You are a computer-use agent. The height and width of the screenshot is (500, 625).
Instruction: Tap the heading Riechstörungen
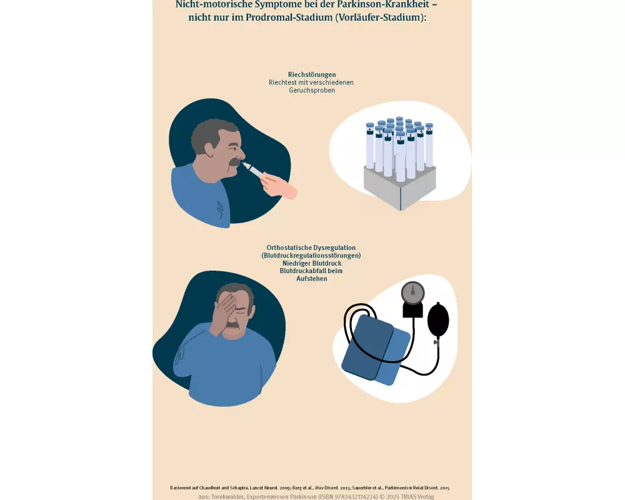pos(312,74)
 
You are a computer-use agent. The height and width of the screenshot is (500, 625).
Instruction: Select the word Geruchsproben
pos(312,91)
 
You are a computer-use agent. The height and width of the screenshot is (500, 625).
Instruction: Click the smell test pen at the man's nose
pos(254,170)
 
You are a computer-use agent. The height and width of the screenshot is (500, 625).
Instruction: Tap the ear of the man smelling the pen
pos(209,149)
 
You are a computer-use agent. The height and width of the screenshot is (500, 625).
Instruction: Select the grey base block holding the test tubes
pos(400,187)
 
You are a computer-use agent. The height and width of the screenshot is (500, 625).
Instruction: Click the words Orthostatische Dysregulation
pos(311,247)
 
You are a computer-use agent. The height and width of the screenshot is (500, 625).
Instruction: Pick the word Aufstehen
pos(312,279)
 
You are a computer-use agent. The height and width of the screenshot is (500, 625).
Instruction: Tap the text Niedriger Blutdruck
pos(312,263)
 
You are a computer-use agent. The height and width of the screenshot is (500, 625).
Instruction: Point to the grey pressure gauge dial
pos(412,293)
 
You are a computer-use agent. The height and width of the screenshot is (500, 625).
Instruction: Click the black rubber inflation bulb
pos(438,320)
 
